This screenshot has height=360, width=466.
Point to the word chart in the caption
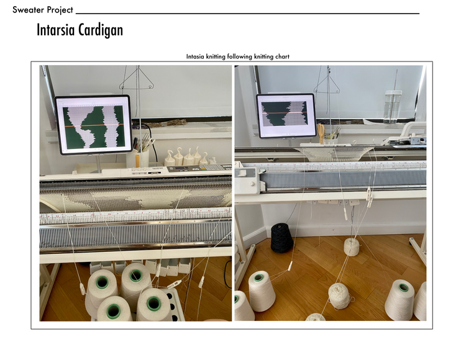tap(282, 56)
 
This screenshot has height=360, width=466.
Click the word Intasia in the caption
tap(195, 56)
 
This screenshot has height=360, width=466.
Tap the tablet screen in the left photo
tap(93, 125)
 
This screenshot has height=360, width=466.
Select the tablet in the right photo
tap(286, 115)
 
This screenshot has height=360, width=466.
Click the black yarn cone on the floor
tap(281, 238)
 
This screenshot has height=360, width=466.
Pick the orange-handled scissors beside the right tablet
tap(321, 133)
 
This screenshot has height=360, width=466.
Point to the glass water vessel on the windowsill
tap(392, 106)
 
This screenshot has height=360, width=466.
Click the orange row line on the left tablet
tap(93, 125)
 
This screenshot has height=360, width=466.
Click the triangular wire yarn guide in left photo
tap(137, 79)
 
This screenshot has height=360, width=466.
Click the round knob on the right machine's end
tap(252, 184)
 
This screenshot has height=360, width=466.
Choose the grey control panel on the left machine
tap(199, 169)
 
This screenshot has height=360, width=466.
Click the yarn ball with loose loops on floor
tap(340, 296)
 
